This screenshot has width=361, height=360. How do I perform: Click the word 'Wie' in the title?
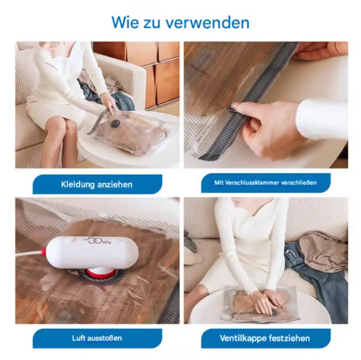pos(125,23)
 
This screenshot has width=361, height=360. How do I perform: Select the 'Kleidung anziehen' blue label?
pos(96,183)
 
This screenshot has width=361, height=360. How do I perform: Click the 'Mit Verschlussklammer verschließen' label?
pos(265,183)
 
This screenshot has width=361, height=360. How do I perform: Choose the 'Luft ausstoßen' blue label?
pos(97,338)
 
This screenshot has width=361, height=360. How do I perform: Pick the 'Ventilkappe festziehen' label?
pos(265,338)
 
